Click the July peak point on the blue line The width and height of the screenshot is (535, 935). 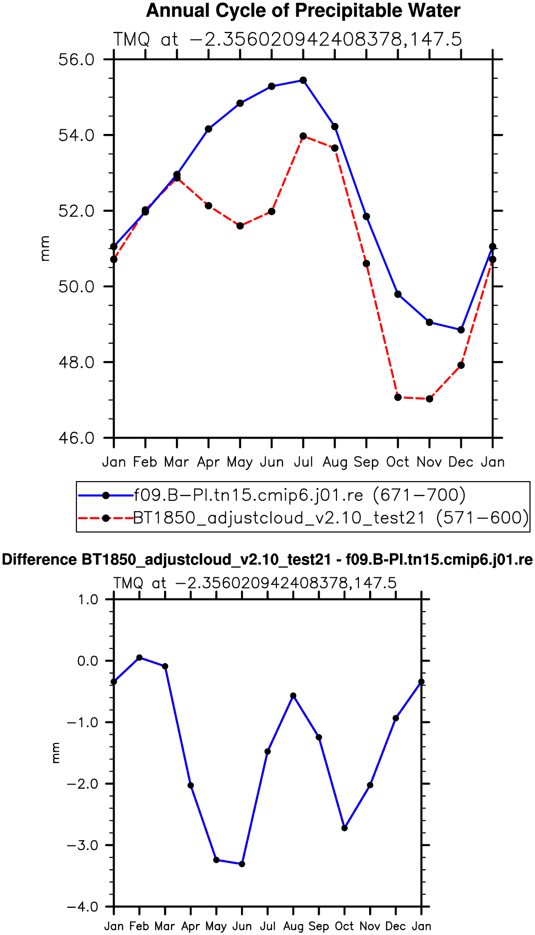(303, 80)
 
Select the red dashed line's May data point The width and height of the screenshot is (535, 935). (240, 226)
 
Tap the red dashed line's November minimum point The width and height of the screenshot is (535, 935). (429, 399)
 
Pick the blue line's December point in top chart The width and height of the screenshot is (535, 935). (461, 330)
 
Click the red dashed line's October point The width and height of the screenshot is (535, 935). (398, 397)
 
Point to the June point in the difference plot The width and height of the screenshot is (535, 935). (242, 864)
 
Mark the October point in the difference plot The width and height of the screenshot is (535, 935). (345, 828)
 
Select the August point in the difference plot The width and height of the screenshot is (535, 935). (293, 696)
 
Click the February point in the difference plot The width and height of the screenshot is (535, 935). (139, 657)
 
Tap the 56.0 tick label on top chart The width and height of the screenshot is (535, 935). (76, 60)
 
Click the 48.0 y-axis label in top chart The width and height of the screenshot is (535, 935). (76, 362)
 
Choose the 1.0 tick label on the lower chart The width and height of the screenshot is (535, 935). (88, 599)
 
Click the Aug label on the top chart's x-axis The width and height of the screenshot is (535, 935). (335, 462)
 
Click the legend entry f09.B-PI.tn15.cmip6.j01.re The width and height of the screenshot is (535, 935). (300, 495)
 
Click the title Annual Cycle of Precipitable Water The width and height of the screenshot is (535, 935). (303, 11)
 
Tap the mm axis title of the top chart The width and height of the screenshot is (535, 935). (45, 249)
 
